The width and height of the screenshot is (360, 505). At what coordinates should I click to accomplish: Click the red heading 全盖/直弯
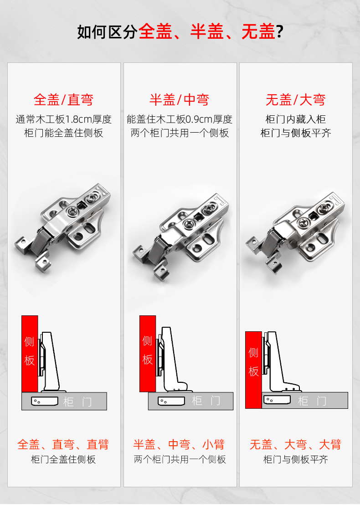point(63,100)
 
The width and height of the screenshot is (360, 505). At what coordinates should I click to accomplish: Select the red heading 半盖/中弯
point(180,100)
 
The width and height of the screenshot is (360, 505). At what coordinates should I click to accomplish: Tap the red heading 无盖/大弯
point(296,100)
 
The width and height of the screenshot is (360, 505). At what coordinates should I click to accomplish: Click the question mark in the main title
point(279,32)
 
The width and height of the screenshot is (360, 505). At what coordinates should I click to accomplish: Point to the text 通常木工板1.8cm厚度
point(64,119)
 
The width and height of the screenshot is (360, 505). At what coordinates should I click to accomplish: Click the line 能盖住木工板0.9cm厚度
point(180,119)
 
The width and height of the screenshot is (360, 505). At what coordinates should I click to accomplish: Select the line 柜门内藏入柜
point(296,119)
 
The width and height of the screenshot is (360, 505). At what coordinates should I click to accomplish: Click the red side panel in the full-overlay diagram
point(30,354)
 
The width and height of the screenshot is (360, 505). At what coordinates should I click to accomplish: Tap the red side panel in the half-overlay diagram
point(148,354)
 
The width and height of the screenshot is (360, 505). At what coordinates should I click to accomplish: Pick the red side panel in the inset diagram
point(253,370)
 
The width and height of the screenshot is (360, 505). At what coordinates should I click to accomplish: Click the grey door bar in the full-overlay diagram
point(64,401)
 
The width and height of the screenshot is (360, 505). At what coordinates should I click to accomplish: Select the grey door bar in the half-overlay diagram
point(190,401)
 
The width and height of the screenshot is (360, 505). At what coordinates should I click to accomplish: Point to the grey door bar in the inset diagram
point(305,400)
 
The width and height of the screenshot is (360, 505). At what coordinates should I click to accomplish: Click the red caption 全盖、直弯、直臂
point(63,444)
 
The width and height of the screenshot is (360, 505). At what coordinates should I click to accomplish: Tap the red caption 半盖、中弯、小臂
point(180,444)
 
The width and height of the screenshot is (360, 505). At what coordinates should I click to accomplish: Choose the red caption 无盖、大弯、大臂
point(296,444)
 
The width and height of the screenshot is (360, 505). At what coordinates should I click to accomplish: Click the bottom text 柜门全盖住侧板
point(63,459)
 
